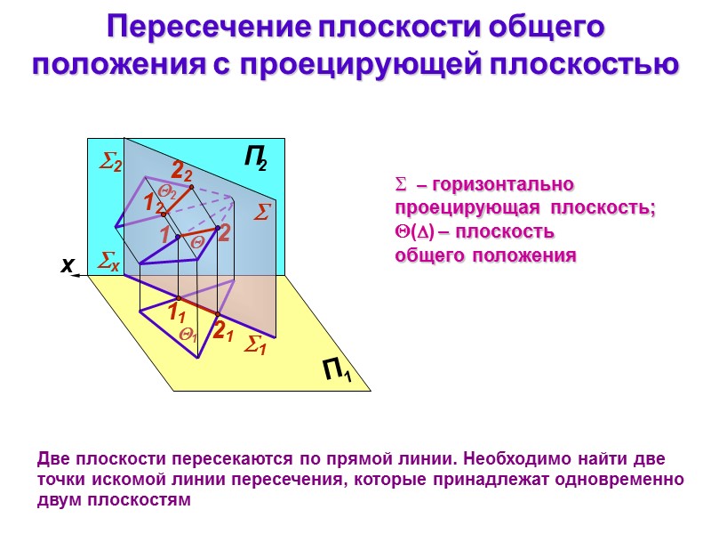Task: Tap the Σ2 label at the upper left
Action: [110, 161]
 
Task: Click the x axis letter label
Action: [66, 266]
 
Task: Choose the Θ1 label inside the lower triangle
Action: [188, 335]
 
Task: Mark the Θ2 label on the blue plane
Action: [166, 190]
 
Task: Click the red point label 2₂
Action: [181, 170]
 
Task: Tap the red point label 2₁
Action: [222, 331]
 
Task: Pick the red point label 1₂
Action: [153, 204]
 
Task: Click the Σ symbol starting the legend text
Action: [400, 185]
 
